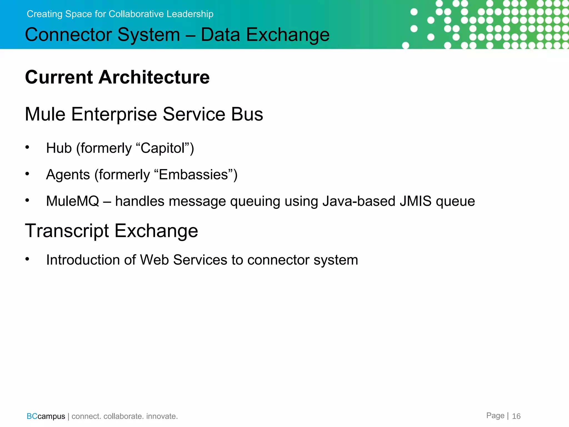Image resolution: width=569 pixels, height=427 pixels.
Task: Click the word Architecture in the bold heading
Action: click(x=154, y=77)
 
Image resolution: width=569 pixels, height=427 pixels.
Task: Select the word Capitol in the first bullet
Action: click(x=163, y=148)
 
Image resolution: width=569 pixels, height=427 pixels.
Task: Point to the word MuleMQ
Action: click(x=73, y=201)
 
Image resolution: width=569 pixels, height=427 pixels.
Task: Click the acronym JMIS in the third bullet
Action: click(x=416, y=201)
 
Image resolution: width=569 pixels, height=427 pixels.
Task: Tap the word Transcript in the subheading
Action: click(x=67, y=231)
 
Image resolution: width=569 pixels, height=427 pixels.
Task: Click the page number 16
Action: click(x=516, y=416)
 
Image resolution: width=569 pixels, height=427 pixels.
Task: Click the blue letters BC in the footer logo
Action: click(x=32, y=416)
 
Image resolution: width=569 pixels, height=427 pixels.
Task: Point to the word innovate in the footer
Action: click(x=162, y=416)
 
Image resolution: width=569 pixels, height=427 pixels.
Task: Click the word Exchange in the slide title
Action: click(x=288, y=35)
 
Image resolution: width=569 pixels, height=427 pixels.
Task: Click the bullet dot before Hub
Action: click(x=27, y=147)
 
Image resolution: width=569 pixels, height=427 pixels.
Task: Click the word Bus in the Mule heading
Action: click(x=247, y=114)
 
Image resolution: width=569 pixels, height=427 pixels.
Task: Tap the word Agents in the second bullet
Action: click(x=68, y=175)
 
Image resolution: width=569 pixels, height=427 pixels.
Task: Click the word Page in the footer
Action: click(x=495, y=416)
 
